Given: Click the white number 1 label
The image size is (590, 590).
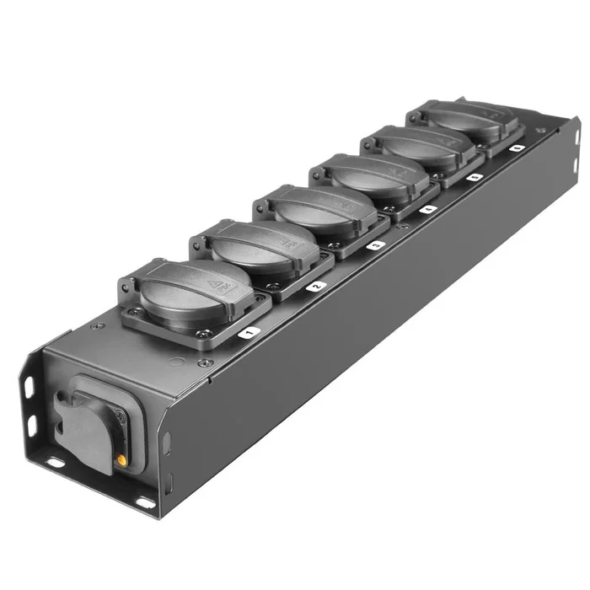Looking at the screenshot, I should pos(247,334).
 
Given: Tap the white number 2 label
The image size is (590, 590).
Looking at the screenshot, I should pos(317,287).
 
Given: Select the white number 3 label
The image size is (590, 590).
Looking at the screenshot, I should pos(377,244).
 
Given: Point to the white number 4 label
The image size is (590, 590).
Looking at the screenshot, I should pos(428,208).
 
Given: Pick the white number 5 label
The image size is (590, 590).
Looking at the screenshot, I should pos(475,177).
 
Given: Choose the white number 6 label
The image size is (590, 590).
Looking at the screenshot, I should pos(516,148).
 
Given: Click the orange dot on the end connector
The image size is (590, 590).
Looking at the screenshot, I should pos(123,461).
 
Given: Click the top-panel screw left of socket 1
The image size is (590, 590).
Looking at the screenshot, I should pos(97,326).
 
